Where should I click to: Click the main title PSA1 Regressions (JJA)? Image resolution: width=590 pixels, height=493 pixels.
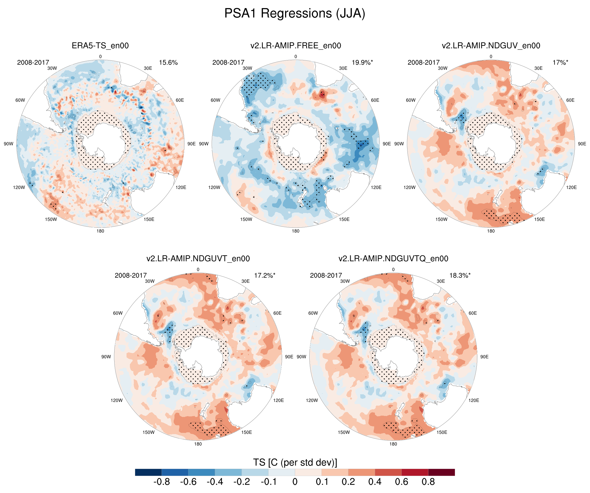295,14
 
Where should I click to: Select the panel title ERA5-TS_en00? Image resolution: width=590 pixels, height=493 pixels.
100,46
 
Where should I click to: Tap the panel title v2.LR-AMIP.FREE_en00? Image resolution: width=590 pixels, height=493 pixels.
296,46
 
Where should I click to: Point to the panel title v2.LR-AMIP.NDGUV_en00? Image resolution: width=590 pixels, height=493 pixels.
491,46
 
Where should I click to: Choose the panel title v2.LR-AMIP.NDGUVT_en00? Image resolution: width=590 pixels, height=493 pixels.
198,259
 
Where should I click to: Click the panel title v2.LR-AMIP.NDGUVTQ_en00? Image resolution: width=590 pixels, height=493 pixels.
393,259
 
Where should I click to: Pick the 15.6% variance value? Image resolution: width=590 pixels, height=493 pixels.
168,63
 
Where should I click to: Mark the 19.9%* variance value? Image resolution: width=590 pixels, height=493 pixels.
362,63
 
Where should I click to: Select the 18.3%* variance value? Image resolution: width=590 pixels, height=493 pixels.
460,276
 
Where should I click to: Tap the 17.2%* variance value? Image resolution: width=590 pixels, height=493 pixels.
265,276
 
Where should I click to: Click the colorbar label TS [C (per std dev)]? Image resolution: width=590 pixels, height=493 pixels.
295,462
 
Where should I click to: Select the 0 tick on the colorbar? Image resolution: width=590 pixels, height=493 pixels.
295,482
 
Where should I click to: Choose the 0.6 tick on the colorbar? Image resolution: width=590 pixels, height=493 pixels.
401,482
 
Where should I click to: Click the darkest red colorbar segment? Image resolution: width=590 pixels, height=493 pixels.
441,472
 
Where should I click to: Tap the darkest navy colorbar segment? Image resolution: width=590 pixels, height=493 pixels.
148,472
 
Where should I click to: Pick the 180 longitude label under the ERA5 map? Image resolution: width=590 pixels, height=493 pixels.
100,231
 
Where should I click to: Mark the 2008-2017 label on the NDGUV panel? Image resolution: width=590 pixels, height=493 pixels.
423,63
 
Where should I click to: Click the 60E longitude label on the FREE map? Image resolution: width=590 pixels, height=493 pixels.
375,100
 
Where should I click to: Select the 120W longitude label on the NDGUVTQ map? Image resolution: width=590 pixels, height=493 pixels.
312,400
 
